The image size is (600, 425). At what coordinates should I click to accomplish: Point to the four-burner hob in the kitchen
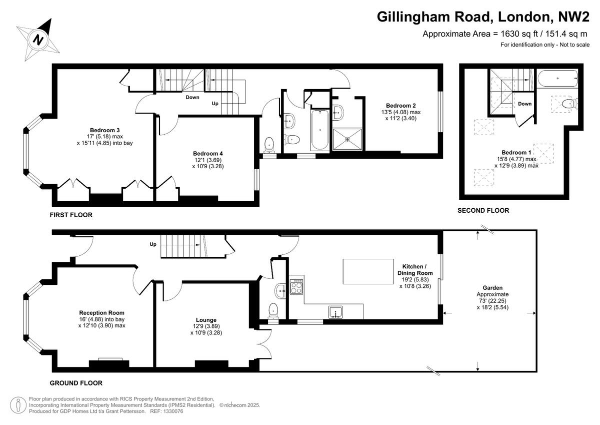click(296, 286)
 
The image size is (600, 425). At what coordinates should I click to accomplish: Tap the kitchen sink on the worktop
click(335, 312)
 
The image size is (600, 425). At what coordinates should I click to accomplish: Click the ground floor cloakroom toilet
click(273, 310)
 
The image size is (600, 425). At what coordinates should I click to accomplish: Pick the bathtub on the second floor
click(557, 78)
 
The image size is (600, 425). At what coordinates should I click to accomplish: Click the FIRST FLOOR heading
click(70, 215)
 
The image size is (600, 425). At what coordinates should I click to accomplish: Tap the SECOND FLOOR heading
click(483, 211)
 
